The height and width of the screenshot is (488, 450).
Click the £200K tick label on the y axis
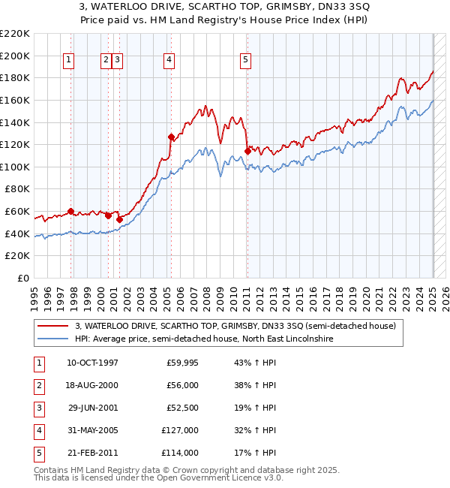(x=15, y=56)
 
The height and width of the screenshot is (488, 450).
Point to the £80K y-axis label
(x=17, y=189)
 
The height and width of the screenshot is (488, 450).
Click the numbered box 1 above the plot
(x=68, y=61)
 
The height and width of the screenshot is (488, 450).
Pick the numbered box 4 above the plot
(x=169, y=61)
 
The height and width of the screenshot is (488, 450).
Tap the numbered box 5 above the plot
(x=246, y=61)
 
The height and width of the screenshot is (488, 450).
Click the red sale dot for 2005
(x=171, y=137)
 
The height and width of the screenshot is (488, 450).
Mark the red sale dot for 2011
(x=247, y=152)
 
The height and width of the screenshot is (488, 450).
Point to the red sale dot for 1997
(x=70, y=212)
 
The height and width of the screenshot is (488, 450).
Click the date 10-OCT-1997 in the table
(x=92, y=363)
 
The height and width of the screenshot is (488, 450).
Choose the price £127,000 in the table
(x=181, y=430)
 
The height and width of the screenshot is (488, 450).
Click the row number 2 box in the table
(x=37, y=385)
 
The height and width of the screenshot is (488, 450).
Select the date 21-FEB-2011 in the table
(x=92, y=453)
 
